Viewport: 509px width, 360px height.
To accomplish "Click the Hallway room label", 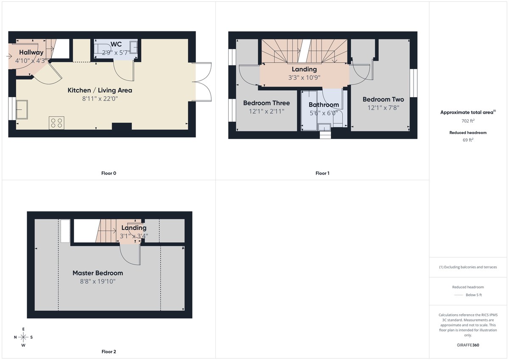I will [31, 53].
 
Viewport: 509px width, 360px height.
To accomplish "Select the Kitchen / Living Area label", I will [100, 90].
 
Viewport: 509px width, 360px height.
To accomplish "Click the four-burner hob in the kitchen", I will [56, 123].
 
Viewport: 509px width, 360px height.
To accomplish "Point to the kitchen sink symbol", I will [22, 110].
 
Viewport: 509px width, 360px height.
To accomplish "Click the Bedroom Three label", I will [266, 103].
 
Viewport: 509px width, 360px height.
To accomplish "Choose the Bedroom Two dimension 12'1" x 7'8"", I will [383, 108].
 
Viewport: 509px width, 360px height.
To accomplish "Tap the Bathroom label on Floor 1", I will [324, 105].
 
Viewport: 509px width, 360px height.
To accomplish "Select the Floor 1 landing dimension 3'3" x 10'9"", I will [304, 78].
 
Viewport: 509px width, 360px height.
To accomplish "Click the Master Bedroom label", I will [98, 273].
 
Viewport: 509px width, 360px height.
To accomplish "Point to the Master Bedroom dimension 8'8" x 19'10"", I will [98, 281].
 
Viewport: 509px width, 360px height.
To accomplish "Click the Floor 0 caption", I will [109, 173].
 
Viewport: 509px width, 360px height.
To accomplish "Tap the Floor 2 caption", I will [109, 352].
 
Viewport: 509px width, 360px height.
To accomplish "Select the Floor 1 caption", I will [322, 173].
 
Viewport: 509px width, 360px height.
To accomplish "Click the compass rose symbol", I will [23, 337].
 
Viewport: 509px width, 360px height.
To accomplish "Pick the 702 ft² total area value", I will [468, 121].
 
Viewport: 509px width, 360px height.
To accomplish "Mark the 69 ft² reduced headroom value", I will [468, 140].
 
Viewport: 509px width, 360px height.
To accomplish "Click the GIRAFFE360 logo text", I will [468, 345].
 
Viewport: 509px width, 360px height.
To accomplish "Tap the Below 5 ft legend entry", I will [473, 295].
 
